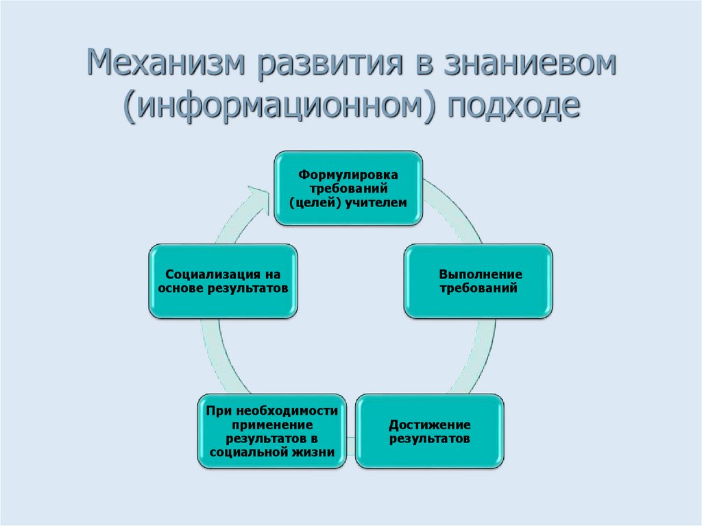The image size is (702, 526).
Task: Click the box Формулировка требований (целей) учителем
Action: (x=348, y=189)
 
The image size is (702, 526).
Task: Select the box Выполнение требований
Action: (x=478, y=281)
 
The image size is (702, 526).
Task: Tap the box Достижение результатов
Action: (x=430, y=431)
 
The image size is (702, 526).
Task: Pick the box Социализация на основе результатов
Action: (x=223, y=281)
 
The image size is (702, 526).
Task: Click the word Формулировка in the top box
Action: (x=348, y=175)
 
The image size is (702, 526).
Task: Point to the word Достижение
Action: (x=430, y=424)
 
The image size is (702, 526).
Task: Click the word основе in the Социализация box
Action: (x=180, y=289)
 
